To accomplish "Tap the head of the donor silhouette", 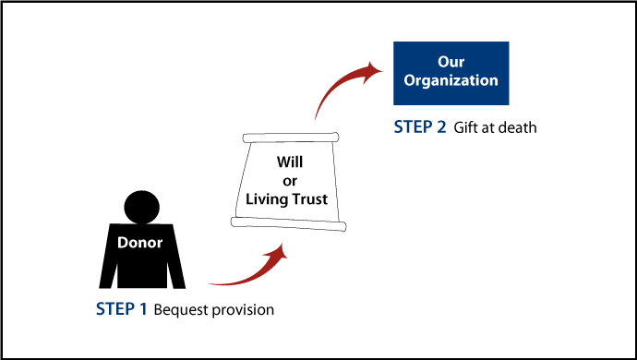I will click(142, 207).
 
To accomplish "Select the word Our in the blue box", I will click(451, 62).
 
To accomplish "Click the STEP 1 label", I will click(122, 309).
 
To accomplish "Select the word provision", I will click(244, 310).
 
